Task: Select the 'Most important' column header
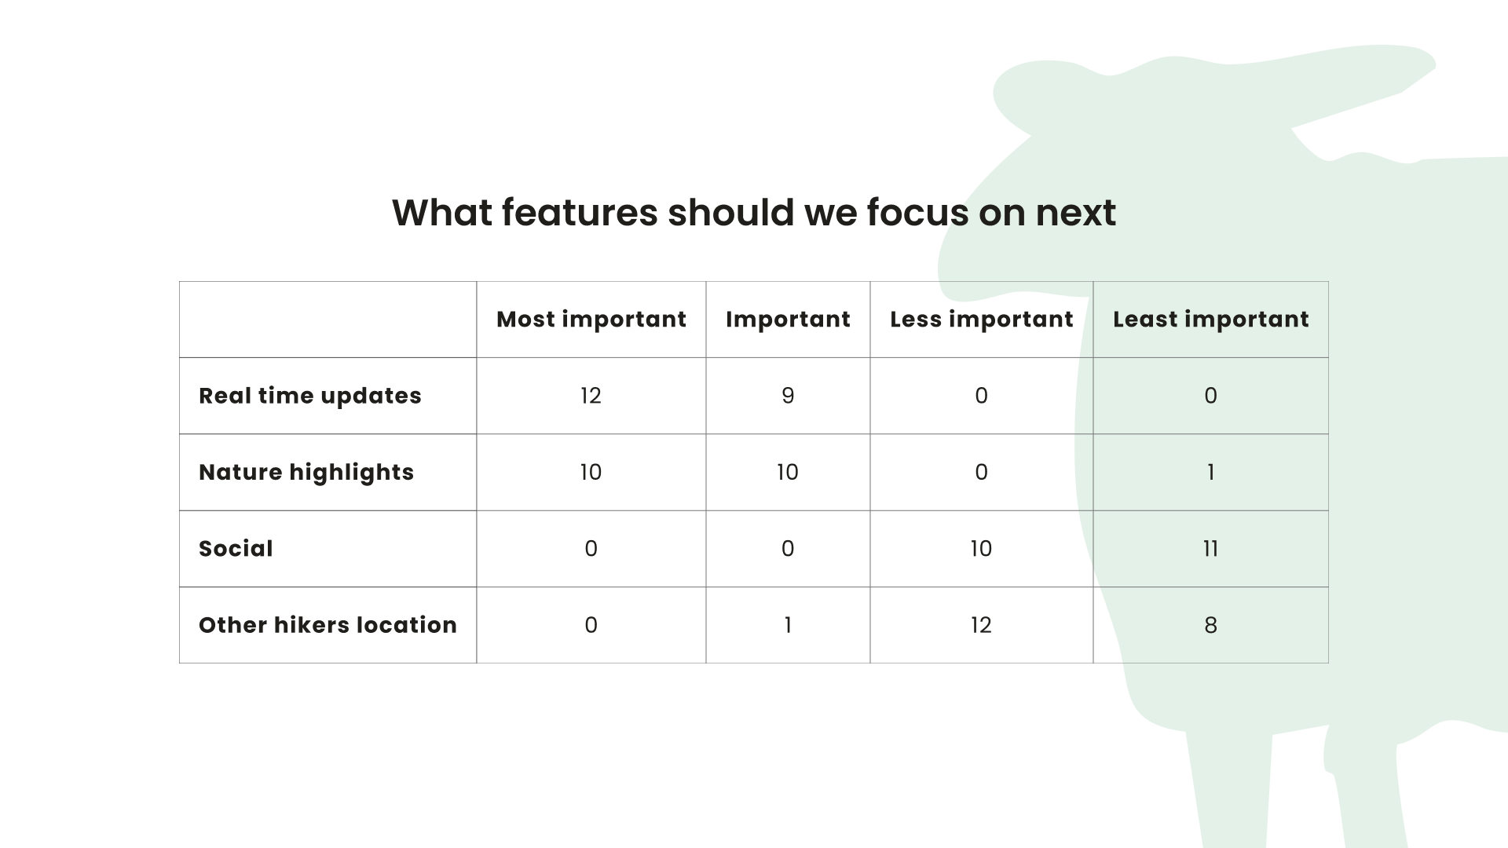click(x=591, y=320)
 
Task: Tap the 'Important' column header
click(x=788, y=320)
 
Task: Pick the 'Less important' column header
click(x=982, y=320)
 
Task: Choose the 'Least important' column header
click(x=1211, y=320)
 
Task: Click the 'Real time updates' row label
click(x=310, y=396)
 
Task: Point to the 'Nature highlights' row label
click(x=306, y=472)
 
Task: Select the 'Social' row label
click(x=236, y=548)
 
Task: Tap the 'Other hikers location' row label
click(x=328, y=625)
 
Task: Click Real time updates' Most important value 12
click(x=591, y=396)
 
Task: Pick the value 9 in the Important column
click(x=788, y=396)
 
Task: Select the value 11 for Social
click(x=1210, y=549)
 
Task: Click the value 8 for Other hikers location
click(x=1210, y=625)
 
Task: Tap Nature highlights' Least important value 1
click(x=1210, y=472)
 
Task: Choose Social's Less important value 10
click(x=981, y=549)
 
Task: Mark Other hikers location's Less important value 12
click(x=981, y=625)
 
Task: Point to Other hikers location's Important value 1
click(x=788, y=625)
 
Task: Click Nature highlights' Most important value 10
click(x=591, y=472)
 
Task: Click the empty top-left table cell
click(x=328, y=320)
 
